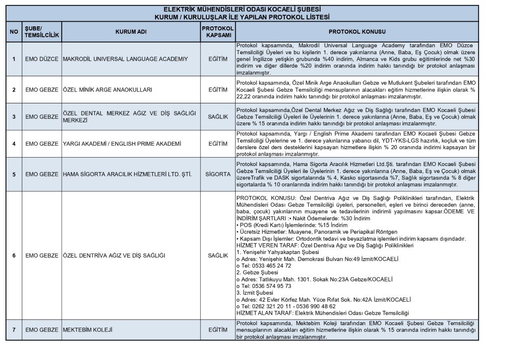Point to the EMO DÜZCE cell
tap(41, 59)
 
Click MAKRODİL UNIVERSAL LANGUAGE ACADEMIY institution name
tap(125, 59)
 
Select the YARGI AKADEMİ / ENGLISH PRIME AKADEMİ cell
tap(121, 144)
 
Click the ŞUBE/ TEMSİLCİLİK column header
tap(41, 32)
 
